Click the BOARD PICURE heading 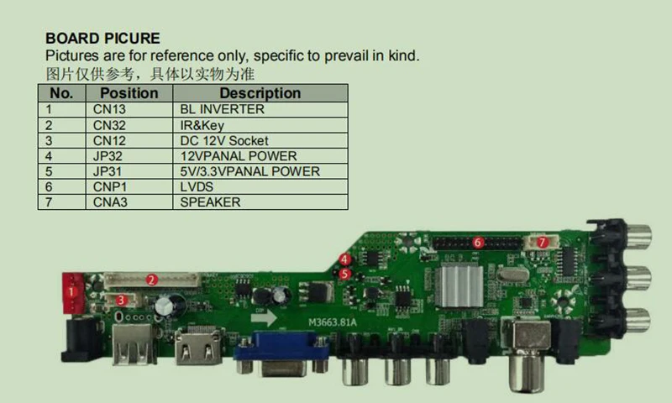pyautogui.click(x=102, y=39)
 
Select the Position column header pyautogui.click(x=129, y=93)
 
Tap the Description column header pyautogui.click(x=260, y=93)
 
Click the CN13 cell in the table pyautogui.click(x=110, y=109)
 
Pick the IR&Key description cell pyautogui.click(x=202, y=125)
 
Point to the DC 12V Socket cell pyautogui.click(x=224, y=140)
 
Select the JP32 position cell pyautogui.click(x=109, y=156)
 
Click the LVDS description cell pyautogui.click(x=197, y=186)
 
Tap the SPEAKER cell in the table pyautogui.click(x=210, y=202)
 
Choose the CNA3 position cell pyautogui.click(x=112, y=202)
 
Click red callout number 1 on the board pyautogui.click(x=72, y=291)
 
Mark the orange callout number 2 pyautogui.click(x=152, y=279)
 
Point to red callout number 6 pyautogui.click(x=477, y=243)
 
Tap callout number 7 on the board pyautogui.click(x=542, y=242)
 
